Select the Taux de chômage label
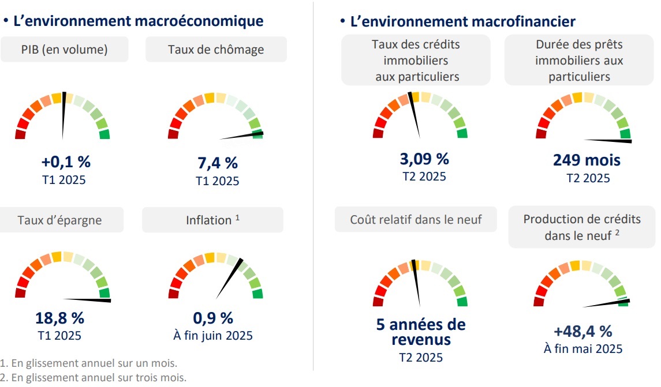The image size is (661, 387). (x=216, y=50)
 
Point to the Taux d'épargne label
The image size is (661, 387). (x=59, y=220)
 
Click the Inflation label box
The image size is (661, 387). (x=212, y=220)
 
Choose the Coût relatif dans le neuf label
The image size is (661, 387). (x=416, y=220)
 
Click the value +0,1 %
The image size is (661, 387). (x=65, y=162)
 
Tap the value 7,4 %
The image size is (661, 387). (x=218, y=163)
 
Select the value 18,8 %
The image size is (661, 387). (x=59, y=318)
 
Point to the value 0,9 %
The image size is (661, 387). (x=213, y=318)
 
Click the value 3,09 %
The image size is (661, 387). (x=424, y=158)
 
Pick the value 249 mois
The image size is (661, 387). (x=587, y=160)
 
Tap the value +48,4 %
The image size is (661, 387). (x=582, y=331)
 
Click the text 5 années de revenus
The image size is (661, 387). (x=420, y=332)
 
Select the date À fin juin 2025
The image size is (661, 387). (x=213, y=335)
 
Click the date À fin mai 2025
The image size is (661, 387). (x=582, y=348)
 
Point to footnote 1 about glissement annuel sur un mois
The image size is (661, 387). (x=89, y=364)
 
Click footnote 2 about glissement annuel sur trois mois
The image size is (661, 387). (x=94, y=378)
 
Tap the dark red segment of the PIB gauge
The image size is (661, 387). (x=20, y=134)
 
